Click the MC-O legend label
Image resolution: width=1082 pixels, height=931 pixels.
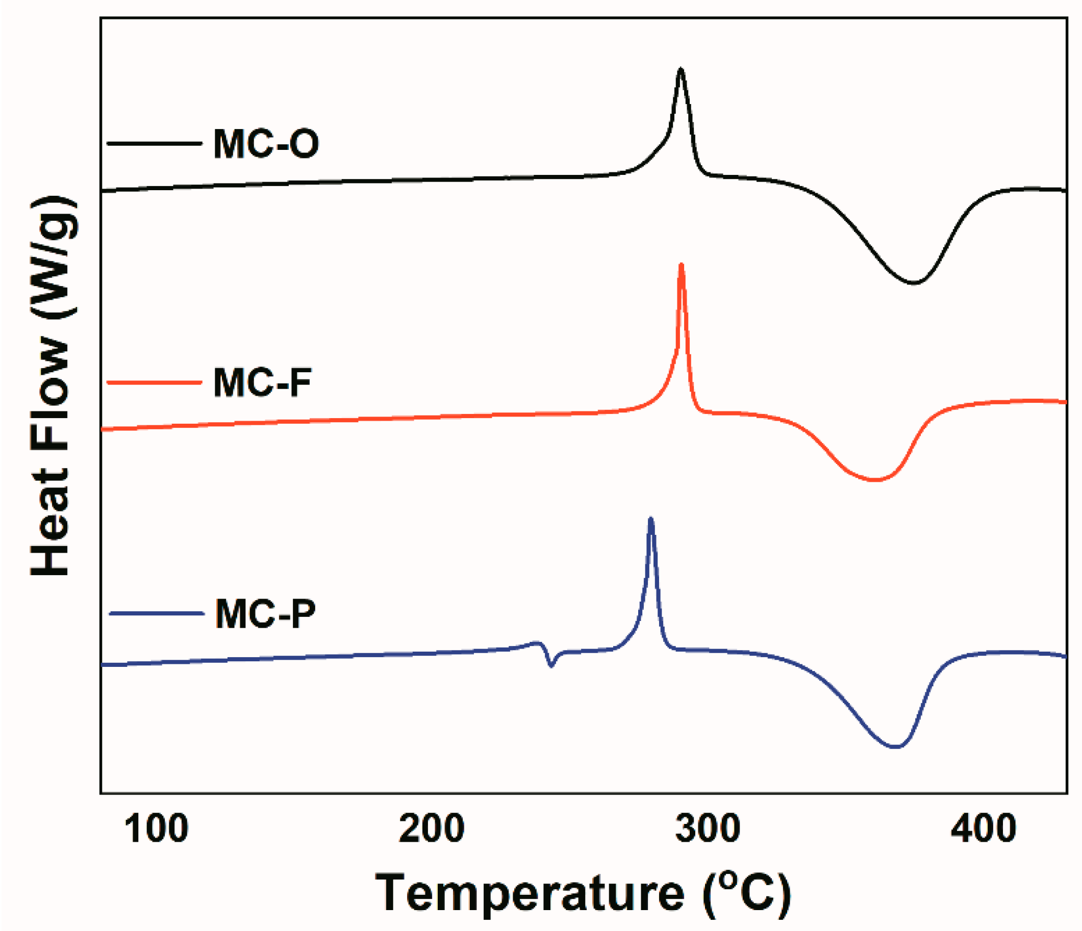tap(266, 143)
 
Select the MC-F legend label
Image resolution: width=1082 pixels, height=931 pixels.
tap(262, 382)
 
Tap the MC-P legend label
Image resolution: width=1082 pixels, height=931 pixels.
tap(265, 614)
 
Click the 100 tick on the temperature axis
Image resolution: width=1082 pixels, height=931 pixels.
tap(156, 829)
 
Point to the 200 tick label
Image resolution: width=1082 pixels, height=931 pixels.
tap(432, 829)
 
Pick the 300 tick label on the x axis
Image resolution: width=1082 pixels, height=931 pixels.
tap(707, 829)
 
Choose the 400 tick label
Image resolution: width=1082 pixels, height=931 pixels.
tap(983, 829)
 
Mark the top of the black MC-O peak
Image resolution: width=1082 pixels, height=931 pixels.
tap(681, 69)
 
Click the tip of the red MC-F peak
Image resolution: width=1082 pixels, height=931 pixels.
tap(681, 265)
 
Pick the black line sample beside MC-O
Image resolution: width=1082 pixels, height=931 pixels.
tap(154, 143)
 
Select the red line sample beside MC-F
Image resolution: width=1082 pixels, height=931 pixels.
tap(154, 382)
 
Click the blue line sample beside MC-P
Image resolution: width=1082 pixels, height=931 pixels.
tap(156, 614)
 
